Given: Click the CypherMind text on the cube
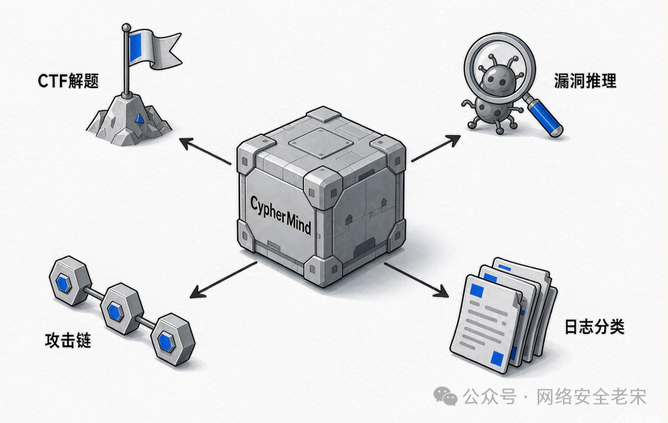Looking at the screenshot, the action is [x=281, y=215].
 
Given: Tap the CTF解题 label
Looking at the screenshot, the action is [x=68, y=81].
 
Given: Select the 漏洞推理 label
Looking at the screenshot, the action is [x=585, y=81].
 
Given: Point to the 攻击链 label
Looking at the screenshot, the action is [x=68, y=341].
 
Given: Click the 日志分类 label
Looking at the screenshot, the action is [x=594, y=327].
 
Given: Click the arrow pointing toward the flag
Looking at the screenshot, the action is [x=205, y=150].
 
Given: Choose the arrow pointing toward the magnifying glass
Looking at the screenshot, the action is [x=436, y=148].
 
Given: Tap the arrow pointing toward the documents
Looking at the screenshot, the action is [x=416, y=280].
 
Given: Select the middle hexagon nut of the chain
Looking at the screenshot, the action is [x=121, y=308].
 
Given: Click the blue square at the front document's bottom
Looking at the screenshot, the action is [x=497, y=358].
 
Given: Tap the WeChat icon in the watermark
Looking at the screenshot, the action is [x=445, y=396].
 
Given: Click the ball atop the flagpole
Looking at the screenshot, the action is [x=126, y=27].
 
